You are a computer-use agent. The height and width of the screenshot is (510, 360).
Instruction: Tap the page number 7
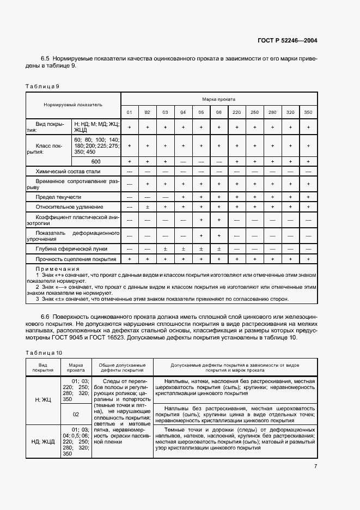pyautogui.click(x=315, y=466)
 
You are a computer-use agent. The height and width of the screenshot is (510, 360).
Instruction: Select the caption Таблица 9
pyautogui.click(x=42, y=86)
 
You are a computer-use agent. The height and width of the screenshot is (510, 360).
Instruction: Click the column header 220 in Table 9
pyautogui.click(x=236, y=112)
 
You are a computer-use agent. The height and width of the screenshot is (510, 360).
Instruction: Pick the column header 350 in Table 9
pyautogui.click(x=308, y=112)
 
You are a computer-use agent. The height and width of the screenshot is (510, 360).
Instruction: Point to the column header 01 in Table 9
pyautogui.click(x=130, y=112)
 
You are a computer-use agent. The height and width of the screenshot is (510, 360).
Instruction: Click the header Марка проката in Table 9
pyautogui.click(x=218, y=100)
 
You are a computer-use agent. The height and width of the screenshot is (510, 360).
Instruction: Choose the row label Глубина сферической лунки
pyautogui.click(x=68, y=248)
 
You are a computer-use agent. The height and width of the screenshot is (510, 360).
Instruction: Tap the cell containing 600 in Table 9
pyautogui.click(x=96, y=162)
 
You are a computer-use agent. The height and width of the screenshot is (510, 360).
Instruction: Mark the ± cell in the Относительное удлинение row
pyautogui.click(x=147, y=207)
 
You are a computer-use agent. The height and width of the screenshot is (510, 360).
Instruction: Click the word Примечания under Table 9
pyautogui.click(x=57, y=269)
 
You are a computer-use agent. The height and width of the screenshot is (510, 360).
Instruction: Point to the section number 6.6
pyautogui.click(x=45, y=317)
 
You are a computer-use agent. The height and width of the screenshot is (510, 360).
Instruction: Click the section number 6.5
pyautogui.click(x=45, y=58)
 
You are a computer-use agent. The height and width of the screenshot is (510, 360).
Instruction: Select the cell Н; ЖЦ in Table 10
pyautogui.click(x=43, y=399)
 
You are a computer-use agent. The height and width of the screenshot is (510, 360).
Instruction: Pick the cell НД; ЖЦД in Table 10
pyautogui.click(x=43, y=441)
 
